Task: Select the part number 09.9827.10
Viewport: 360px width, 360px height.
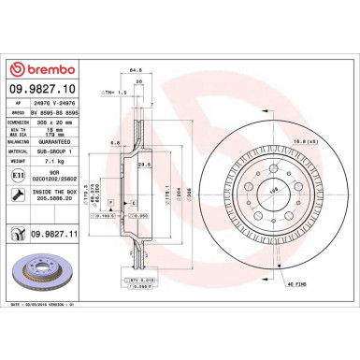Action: [50, 89]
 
